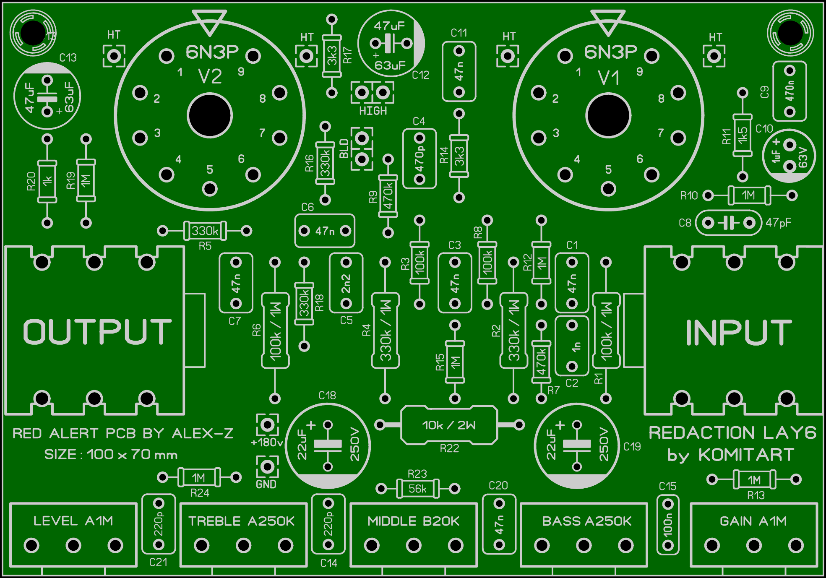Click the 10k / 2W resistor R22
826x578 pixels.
449,425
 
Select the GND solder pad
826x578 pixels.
267,466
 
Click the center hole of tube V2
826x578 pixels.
210,116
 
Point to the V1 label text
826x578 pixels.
608,78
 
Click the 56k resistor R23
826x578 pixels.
418,489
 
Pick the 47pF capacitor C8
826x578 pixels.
728,223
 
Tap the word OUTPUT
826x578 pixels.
97,331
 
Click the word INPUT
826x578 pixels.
738,332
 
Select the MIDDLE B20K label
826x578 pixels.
414,521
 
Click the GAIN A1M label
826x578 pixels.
753,521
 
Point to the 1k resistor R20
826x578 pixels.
47,181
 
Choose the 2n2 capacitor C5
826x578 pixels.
346,283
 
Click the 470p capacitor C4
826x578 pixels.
420,159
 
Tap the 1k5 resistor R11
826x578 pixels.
743,135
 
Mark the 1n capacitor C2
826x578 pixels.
572,346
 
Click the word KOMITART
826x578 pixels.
746,455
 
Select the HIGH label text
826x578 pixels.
373,111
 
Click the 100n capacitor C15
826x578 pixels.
667,525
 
